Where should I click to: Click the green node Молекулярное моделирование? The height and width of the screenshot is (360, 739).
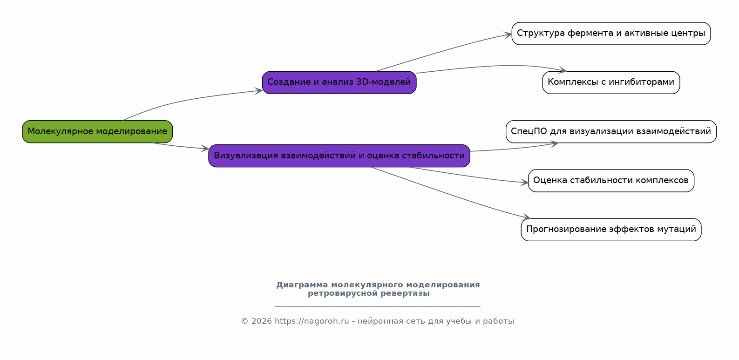(97, 132)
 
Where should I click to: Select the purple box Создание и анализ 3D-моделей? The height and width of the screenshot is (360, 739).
(339, 82)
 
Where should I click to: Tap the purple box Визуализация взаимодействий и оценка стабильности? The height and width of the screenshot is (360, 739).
(339, 156)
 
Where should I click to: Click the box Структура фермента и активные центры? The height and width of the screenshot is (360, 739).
(611, 34)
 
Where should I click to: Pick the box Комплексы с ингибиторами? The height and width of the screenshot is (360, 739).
(611, 82)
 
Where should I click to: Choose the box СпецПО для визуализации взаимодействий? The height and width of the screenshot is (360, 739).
(611, 132)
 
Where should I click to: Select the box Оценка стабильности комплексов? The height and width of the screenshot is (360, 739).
(611, 181)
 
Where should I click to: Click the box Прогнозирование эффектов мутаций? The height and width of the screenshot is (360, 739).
(611, 230)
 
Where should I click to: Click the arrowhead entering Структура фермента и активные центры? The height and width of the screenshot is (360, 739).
(508, 34)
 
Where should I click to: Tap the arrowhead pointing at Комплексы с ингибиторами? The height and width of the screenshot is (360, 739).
(563, 70)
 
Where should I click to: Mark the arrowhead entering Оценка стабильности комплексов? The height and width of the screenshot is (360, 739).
(524, 182)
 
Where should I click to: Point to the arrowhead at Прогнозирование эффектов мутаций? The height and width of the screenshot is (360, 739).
(527, 217)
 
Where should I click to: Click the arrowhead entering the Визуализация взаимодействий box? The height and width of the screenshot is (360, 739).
(205, 149)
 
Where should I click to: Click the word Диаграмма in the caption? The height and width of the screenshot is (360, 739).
(302, 285)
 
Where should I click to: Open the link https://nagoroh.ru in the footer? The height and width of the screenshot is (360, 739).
(312, 321)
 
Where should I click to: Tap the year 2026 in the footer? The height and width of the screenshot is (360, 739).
(262, 321)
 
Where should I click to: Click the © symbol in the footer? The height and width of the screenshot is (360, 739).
(245, 321)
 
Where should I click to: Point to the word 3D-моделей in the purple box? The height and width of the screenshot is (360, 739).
(384, 82)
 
